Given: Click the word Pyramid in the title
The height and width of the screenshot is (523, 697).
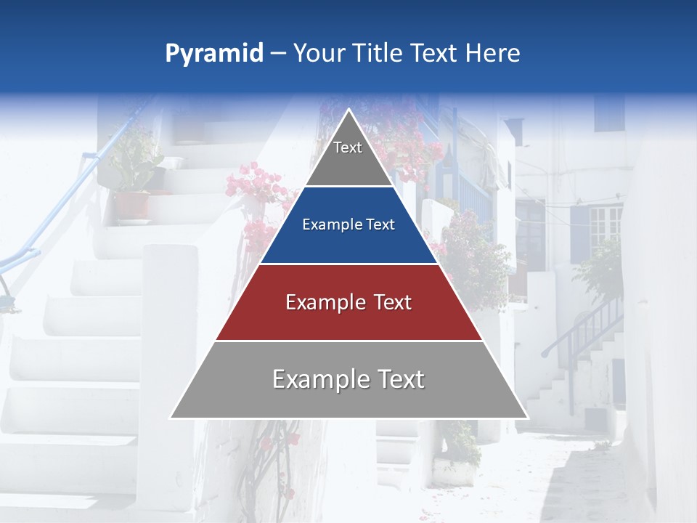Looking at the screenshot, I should click(x=213, y=54).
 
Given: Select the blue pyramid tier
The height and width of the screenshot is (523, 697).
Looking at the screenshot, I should click(x=348, y=240).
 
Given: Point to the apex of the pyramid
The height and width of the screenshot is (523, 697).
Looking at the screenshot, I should click(x=348, y=110).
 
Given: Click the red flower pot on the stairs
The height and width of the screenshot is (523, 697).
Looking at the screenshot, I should click(x=131, y=204).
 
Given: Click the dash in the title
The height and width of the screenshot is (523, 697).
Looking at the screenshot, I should click(x=278, y=54).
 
